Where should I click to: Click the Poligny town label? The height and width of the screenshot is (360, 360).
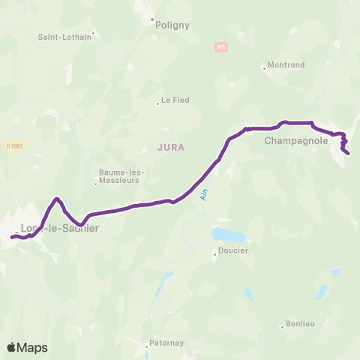click(172, 25)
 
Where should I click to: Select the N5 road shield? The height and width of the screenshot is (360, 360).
click(220, 46)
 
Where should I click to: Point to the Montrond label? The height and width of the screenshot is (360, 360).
click(286, 65)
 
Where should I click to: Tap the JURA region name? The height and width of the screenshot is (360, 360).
click(172, 148)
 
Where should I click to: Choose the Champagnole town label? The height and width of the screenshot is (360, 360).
click(293, 139)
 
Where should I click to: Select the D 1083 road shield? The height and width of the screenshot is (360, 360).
click(13, 146)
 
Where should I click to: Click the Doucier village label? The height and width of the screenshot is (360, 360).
click(233, 251)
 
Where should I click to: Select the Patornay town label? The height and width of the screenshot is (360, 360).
click(168, 346)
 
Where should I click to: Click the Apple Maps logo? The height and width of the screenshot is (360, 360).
click(27, 347)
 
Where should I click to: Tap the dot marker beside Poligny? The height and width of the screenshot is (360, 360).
click(151, 19)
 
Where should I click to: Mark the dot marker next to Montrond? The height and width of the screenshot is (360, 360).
click(264, 68)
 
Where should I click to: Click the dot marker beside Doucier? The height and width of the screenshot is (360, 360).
click(214, 254)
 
